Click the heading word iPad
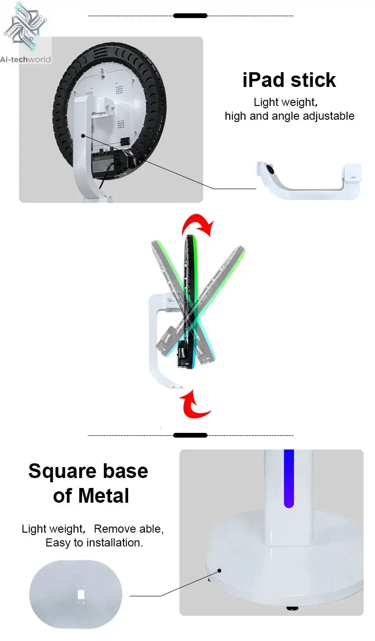(x=263, y=80)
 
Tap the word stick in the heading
(x=313, y=80)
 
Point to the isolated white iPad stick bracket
(x=309, y=180)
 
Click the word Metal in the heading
(x=103, y=496)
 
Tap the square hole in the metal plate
(x=81, y=594)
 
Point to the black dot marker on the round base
(x=219, y=571)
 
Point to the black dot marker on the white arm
(x=83, y=135)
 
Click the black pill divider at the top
(x=190, y=16)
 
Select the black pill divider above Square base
(x=190, y=435)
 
